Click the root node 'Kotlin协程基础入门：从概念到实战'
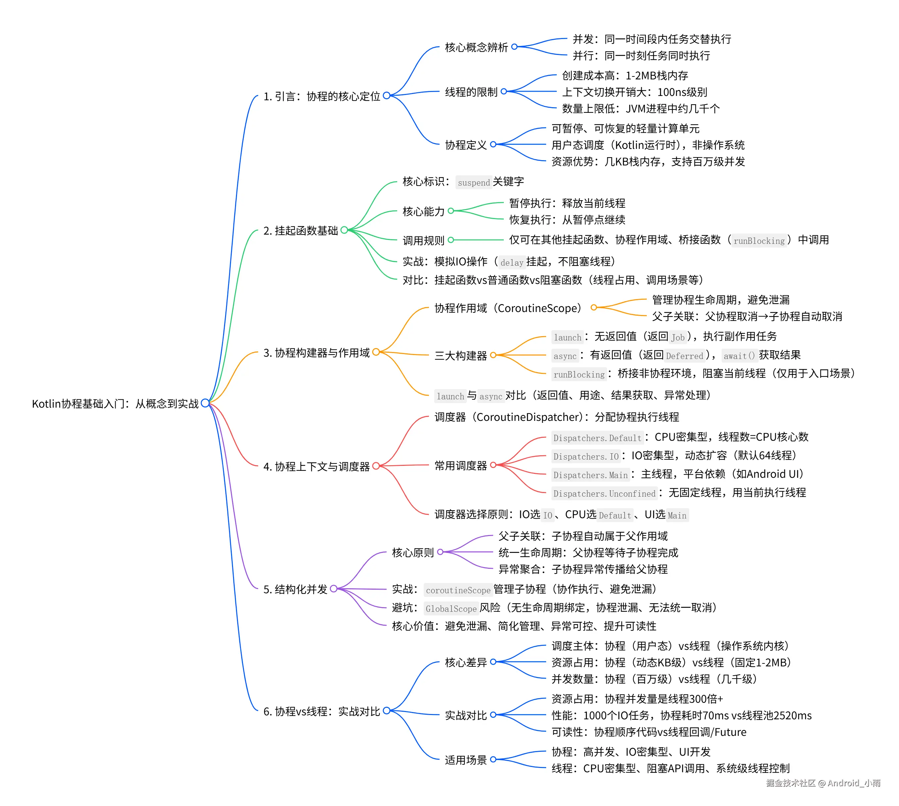[x=115, y=403]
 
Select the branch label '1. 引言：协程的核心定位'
[x=322, y=96]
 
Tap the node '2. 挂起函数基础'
[x=301, y=230]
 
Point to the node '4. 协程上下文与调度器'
[x=316, y=466]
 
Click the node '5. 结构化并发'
[x=295, y=589]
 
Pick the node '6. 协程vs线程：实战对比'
[x=322, y=711]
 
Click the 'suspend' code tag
[x=474, y=182]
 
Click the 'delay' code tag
[x=512, y=263]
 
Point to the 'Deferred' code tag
[x=685, y=356]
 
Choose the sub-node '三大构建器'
[x=460, y=356]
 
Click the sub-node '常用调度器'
[x=460, y=466]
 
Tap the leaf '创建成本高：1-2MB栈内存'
[x=625, y=76]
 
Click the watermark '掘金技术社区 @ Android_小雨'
[x=823, y=783]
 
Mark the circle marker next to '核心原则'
[x=440, y=552]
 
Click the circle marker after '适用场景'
[x=493, y=759]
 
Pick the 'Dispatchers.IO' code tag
[x=586, y=456]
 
